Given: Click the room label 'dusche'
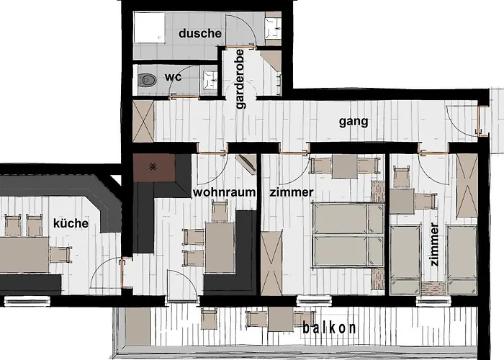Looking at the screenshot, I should click(x=200, y=33).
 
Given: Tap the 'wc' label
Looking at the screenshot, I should click(x=173, y=77).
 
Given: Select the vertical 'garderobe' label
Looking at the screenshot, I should click(x=240, y=80).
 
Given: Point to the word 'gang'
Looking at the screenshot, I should click(x=354, y=122).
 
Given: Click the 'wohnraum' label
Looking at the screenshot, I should click(x=224, y=192).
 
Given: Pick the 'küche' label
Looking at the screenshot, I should click(x=71, y=223).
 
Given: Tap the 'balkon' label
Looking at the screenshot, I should click(x=329, y=328).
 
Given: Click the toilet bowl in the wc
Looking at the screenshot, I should click(x=148, y=81).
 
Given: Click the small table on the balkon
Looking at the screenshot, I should click(x=280, y=318).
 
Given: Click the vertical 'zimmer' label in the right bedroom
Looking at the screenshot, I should click(x=433, y=245).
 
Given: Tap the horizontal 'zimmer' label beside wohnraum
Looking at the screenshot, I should click(x=291, y=192).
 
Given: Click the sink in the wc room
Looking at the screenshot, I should click(x=210, y=80).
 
